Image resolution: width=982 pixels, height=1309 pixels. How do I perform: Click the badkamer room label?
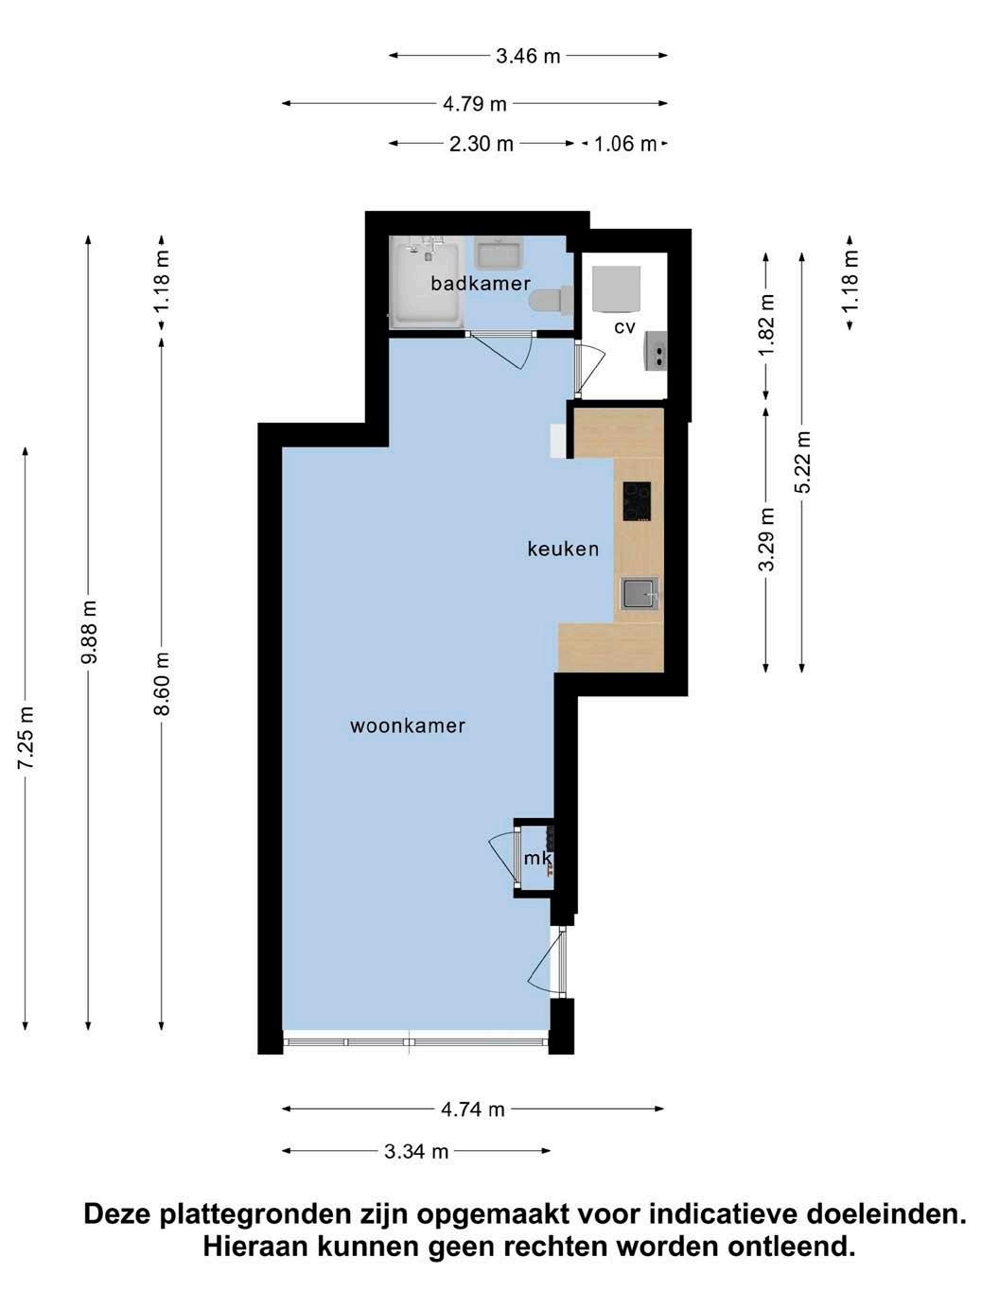pos(481,283)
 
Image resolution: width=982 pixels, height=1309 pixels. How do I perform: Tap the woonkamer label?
pos(407,725)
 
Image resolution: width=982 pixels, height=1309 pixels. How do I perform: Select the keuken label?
pos(563,549)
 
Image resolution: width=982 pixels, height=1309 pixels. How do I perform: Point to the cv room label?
pos(624,327)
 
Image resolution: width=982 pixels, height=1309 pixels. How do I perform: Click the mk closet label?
pos(537,858)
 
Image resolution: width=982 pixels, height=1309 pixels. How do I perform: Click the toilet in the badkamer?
pos(551,300)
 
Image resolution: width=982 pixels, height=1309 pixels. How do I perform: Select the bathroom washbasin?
pos(499,253)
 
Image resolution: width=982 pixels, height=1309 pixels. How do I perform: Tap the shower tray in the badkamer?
pos(426,282)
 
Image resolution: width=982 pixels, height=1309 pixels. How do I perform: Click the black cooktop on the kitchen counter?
pos(637,501)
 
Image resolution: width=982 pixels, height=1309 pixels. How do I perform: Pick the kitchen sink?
pos(640,593)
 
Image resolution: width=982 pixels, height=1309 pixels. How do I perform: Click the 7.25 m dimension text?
pos(26,738)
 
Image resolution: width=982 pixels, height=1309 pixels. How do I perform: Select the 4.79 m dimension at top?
pos(475,104)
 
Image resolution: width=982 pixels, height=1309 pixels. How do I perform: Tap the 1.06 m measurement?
pos(624,145)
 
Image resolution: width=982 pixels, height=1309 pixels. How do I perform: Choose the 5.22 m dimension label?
pos(802,462)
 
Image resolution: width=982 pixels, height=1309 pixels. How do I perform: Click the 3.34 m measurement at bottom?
pos(416,1152)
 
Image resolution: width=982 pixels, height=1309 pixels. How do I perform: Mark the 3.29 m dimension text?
pos(766,540)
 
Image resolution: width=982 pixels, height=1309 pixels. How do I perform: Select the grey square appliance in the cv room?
pos(616,289)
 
